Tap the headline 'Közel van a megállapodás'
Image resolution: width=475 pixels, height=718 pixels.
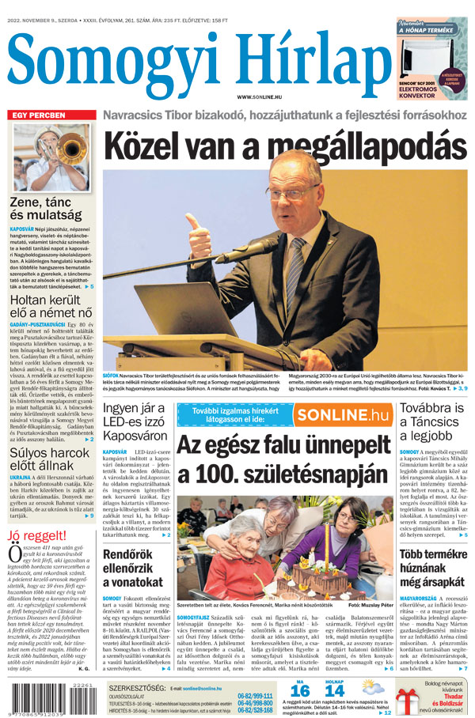click(x=280, y=147)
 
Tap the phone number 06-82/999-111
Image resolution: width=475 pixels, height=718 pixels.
click(x=255, y=696)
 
